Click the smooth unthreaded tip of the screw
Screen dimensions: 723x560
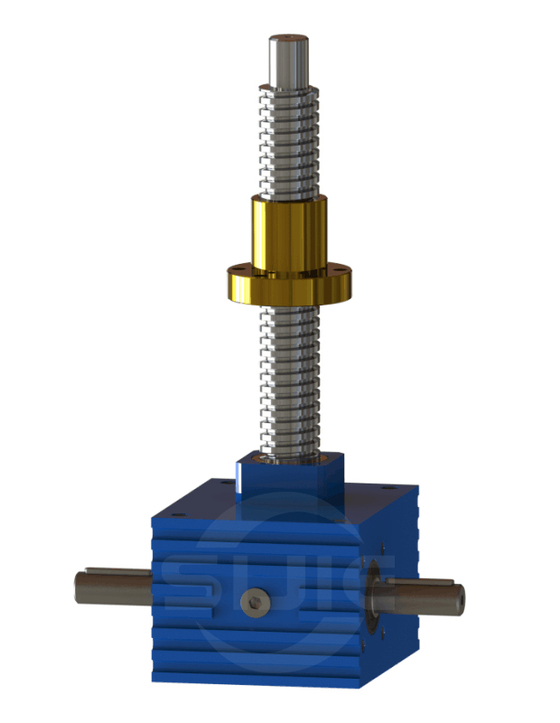coord(288,60)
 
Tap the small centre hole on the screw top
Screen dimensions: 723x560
coord(288,38)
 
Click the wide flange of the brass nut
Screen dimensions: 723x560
coord(288,287)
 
